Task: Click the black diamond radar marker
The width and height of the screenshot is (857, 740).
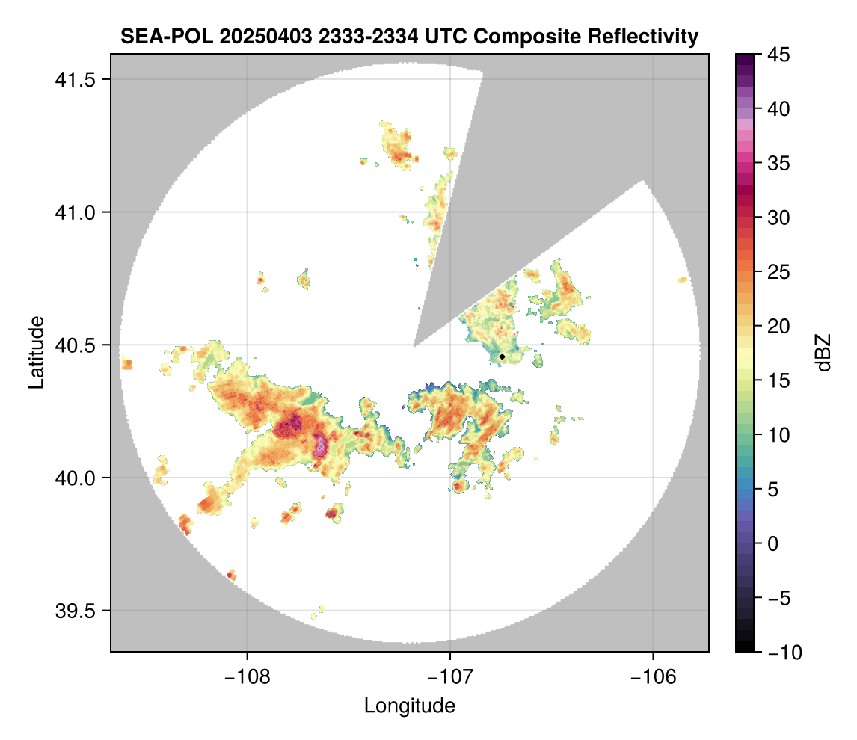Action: click(503, 357)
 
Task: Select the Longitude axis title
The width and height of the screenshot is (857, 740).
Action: click(409, 706)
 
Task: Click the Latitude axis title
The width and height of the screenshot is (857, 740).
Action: click(36, 351)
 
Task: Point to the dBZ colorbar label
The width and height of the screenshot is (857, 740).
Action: click(823, 353)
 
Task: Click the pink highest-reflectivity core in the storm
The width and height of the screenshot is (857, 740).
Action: click(322, 445)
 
